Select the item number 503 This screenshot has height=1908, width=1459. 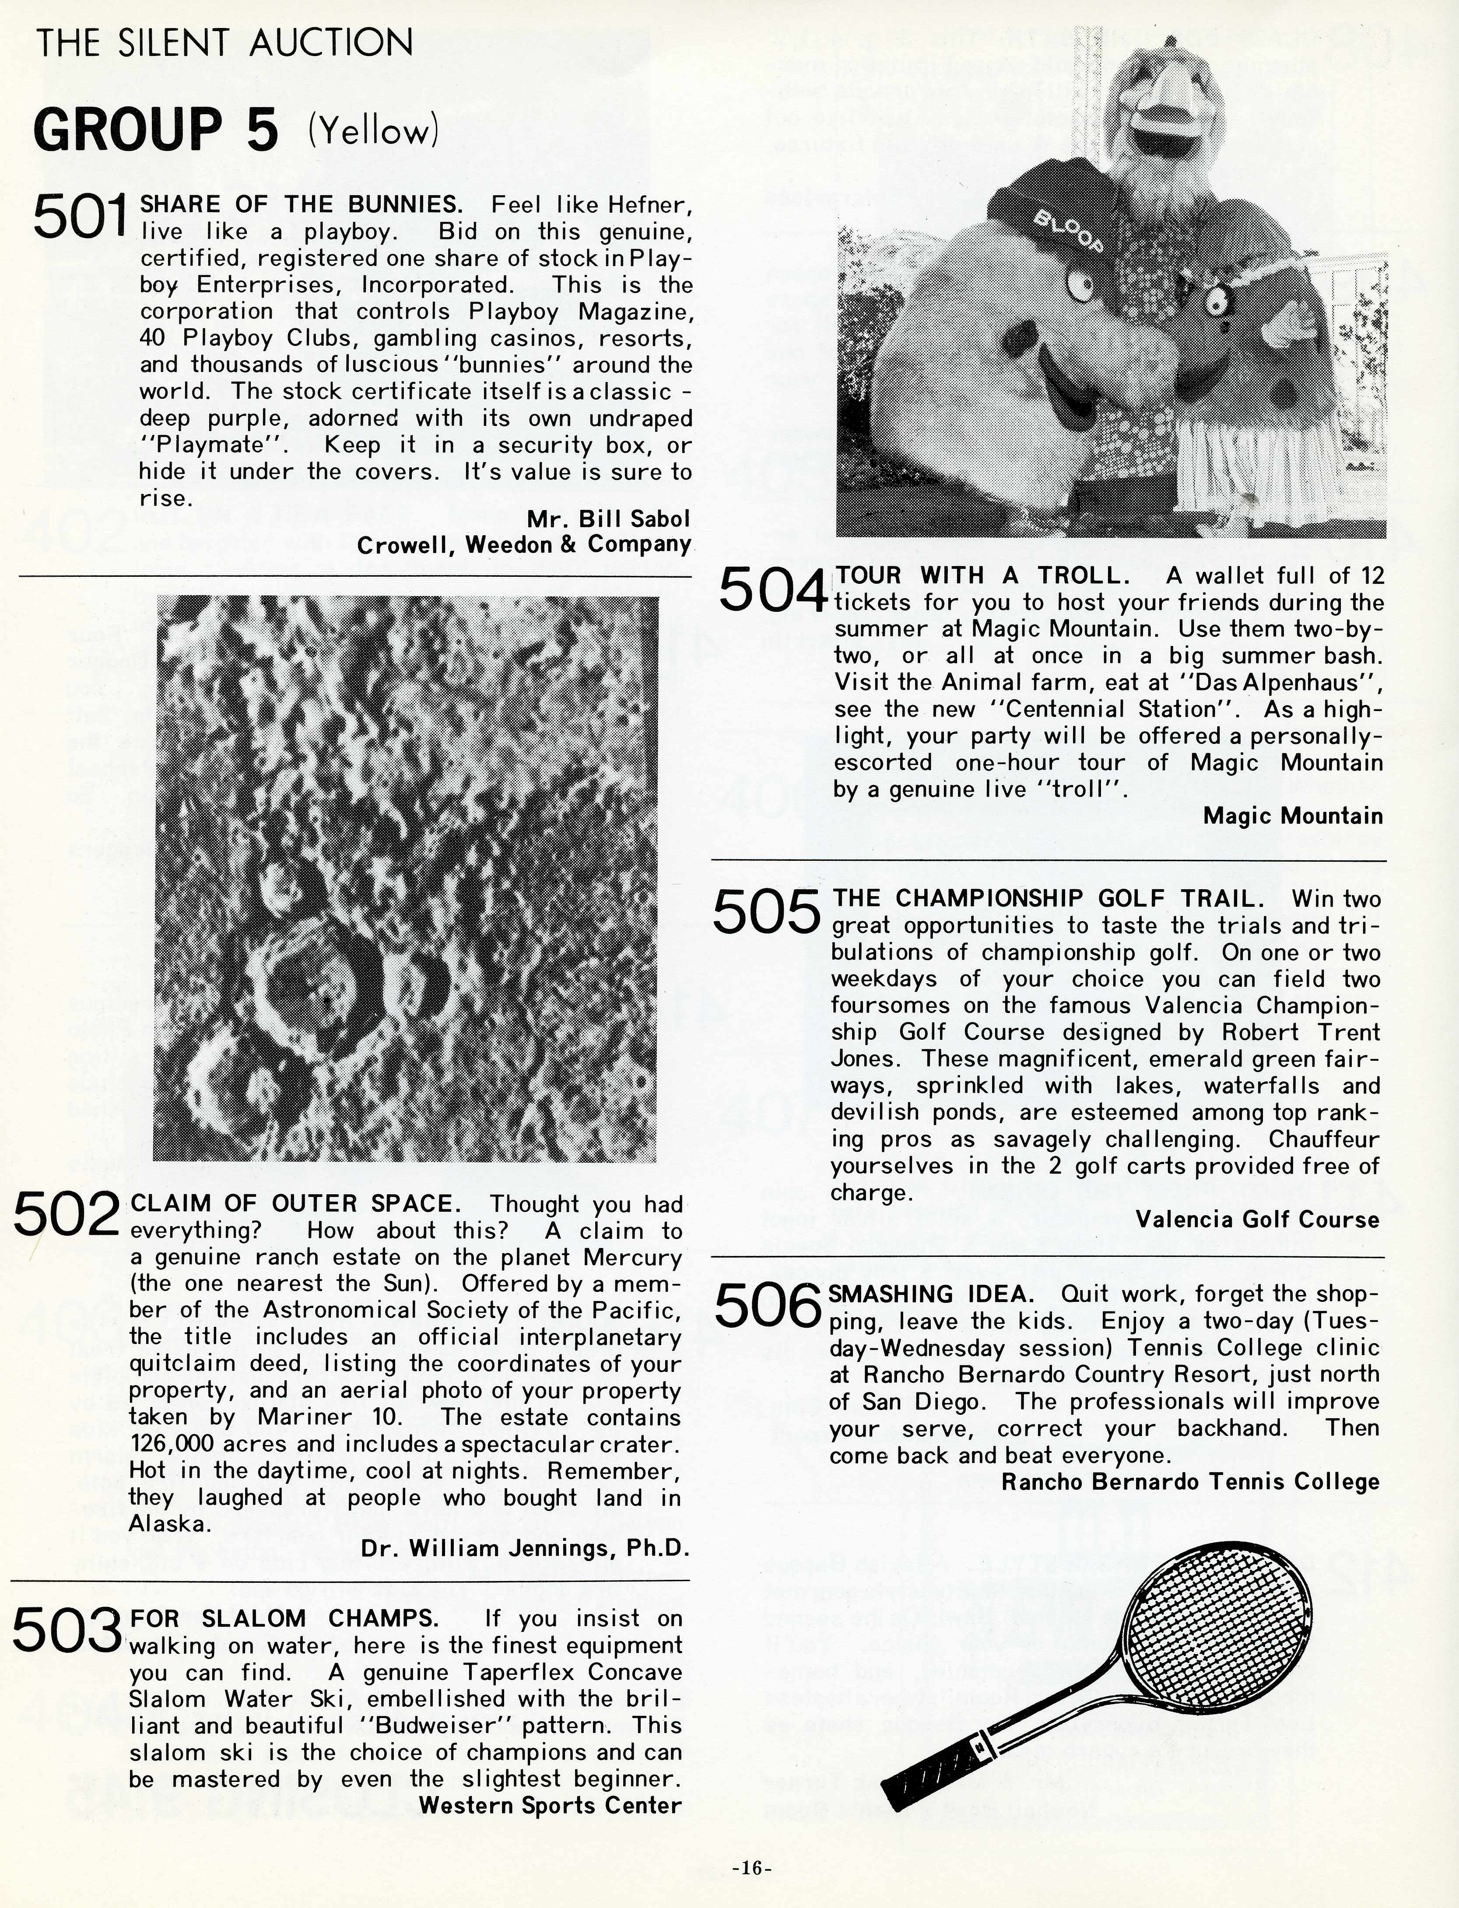[x=66, y=1629]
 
